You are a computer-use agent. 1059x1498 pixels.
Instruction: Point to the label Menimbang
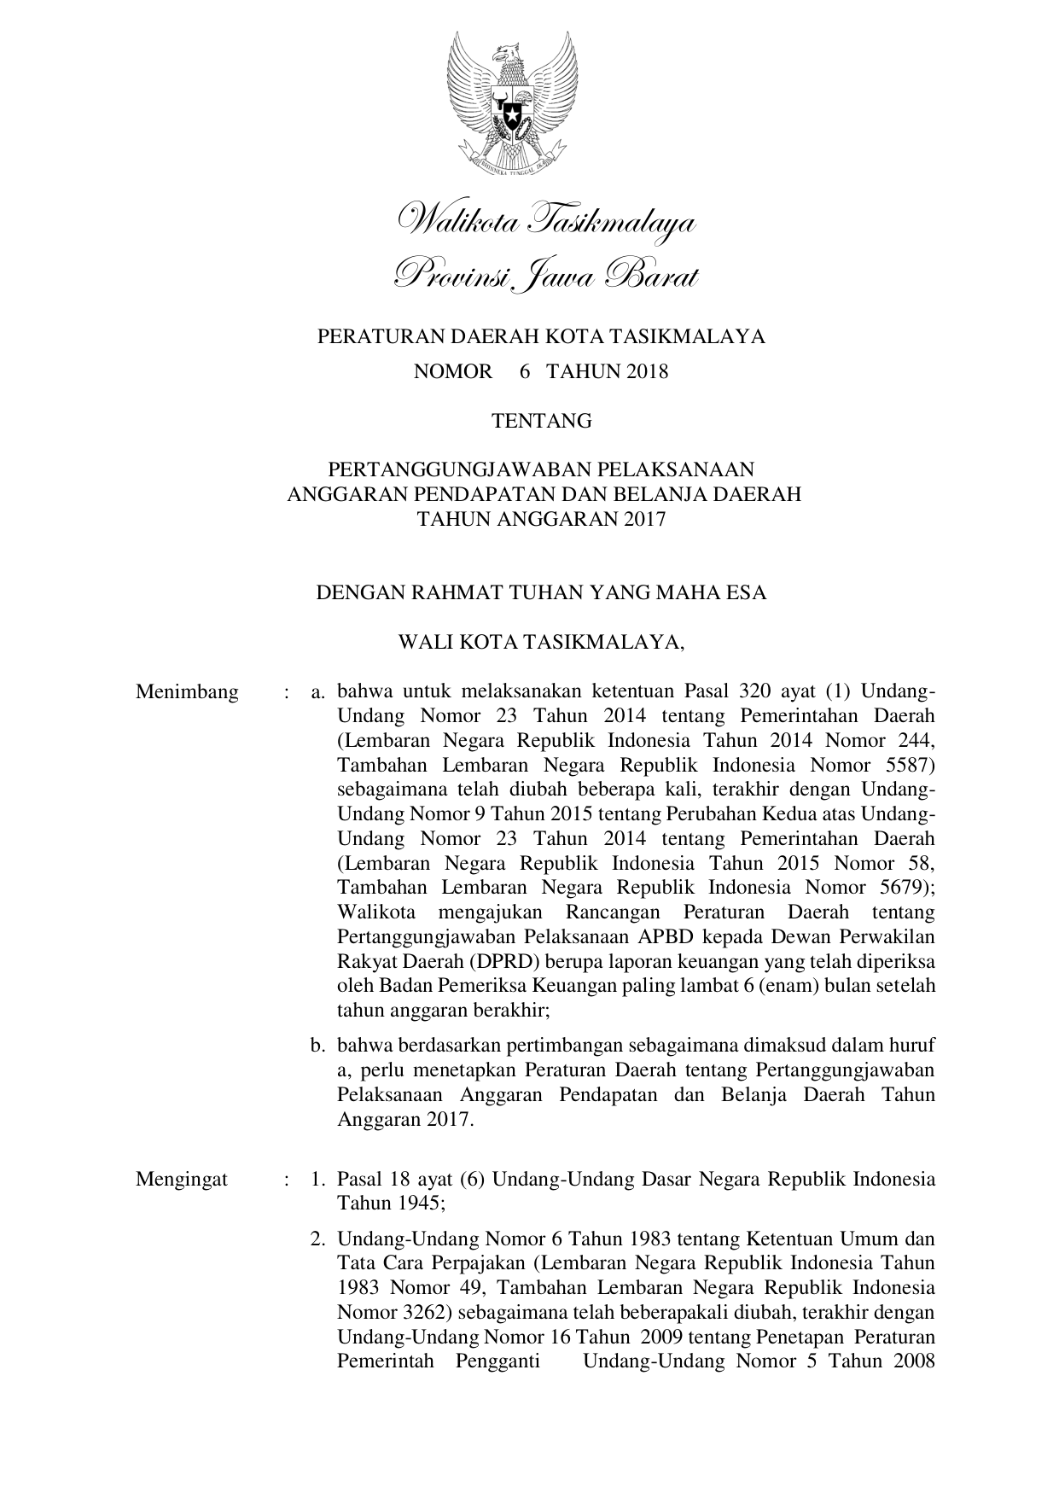point(187,691)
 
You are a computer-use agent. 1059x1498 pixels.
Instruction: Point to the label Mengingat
point(182,1180)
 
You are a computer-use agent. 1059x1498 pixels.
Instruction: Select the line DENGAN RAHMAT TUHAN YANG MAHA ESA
point(541,592)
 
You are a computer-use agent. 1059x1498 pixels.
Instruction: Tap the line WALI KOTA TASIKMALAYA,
point(542,642)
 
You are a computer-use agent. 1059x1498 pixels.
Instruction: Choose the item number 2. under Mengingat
point(319,1239)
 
